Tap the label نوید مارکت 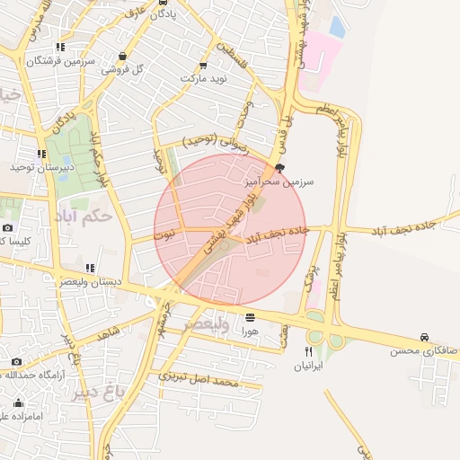204,78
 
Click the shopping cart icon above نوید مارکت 203,65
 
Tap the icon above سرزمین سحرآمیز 279,169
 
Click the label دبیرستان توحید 40,167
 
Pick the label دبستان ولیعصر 91,282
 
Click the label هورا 249,331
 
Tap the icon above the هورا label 249,317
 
